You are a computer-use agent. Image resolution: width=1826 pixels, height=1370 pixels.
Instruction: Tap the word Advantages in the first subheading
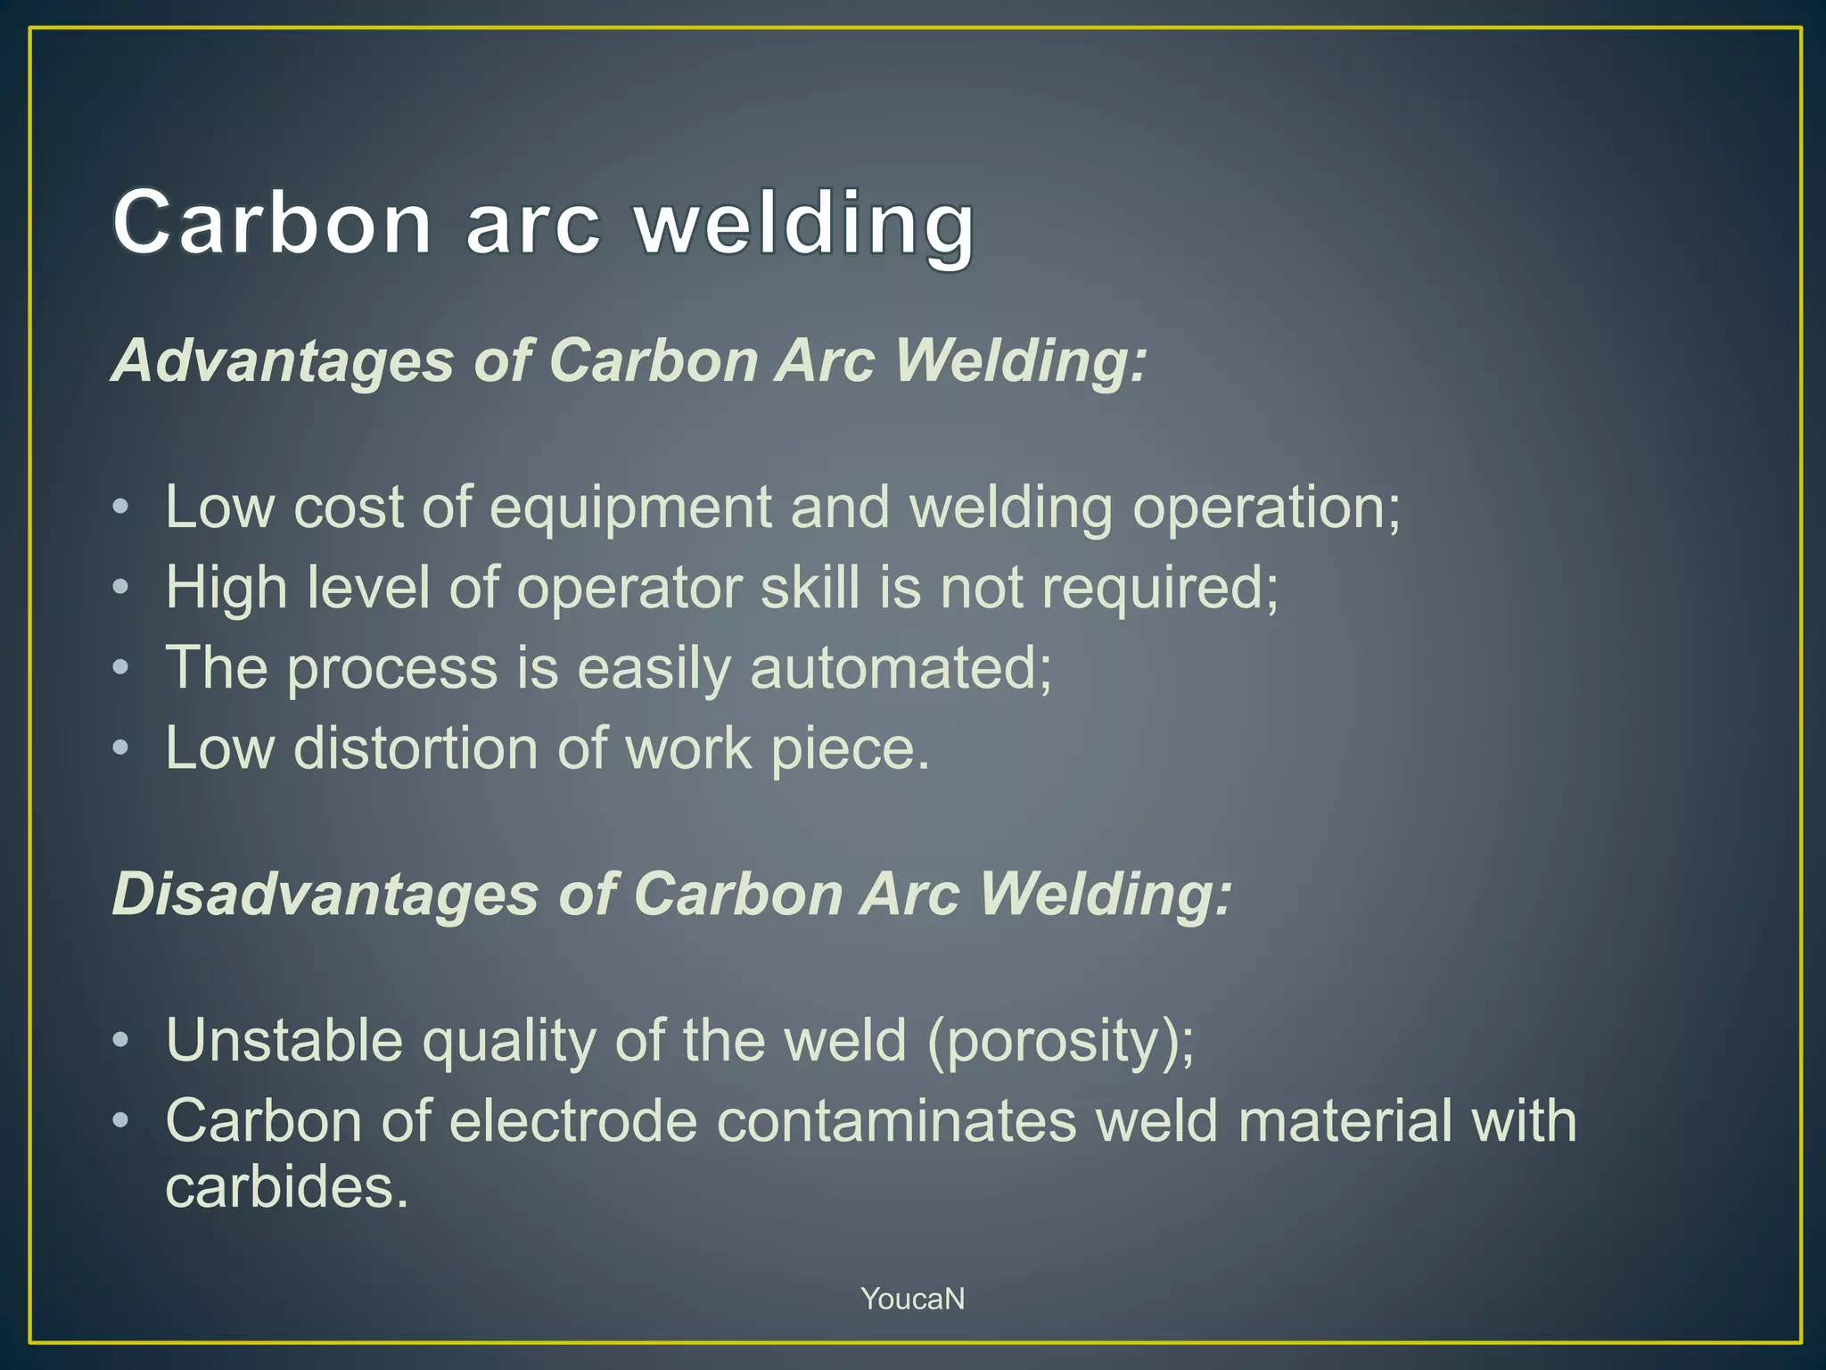point(283,360)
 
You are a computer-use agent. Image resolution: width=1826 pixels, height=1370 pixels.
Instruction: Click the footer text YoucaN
point(912,1299)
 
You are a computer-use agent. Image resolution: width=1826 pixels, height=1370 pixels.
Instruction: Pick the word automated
point(901,668)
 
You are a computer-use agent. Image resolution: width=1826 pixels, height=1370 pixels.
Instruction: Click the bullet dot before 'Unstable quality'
point(121,1041)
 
